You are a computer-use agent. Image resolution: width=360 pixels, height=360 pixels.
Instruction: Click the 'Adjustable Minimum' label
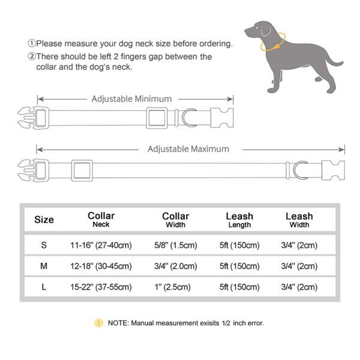click(131, 99)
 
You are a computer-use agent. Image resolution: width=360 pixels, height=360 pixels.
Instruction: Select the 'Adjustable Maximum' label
click(188, 149)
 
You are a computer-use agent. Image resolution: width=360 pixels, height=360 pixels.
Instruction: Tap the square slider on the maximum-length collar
click(82, 170)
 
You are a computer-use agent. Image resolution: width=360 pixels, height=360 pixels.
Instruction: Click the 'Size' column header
click(44, 220)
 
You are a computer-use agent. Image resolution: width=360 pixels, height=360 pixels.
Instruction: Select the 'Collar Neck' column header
click(101, 220)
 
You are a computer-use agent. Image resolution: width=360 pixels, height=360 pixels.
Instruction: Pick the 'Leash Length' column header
click(239, 220)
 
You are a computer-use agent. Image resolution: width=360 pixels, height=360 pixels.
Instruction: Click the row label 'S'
click(43, 245)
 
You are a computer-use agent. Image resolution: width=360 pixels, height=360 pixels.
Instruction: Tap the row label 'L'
click(43, 287)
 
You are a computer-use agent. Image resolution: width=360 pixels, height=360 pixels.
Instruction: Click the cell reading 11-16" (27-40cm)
click(101, 245)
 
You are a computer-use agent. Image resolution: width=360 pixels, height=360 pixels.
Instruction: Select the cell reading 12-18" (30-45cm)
click(101, 266)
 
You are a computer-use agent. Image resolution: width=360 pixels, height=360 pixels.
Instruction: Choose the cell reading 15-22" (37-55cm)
click(101, 287)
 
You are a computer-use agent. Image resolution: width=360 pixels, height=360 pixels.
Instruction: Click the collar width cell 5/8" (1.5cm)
click(175, 245)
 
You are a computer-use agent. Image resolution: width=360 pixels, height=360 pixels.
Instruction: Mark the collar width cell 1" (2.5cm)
click(175, 287)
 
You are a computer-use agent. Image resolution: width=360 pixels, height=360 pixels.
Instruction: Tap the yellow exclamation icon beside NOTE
click(98, 323)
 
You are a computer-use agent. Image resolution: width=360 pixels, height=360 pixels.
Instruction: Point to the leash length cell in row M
click(239, 266)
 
